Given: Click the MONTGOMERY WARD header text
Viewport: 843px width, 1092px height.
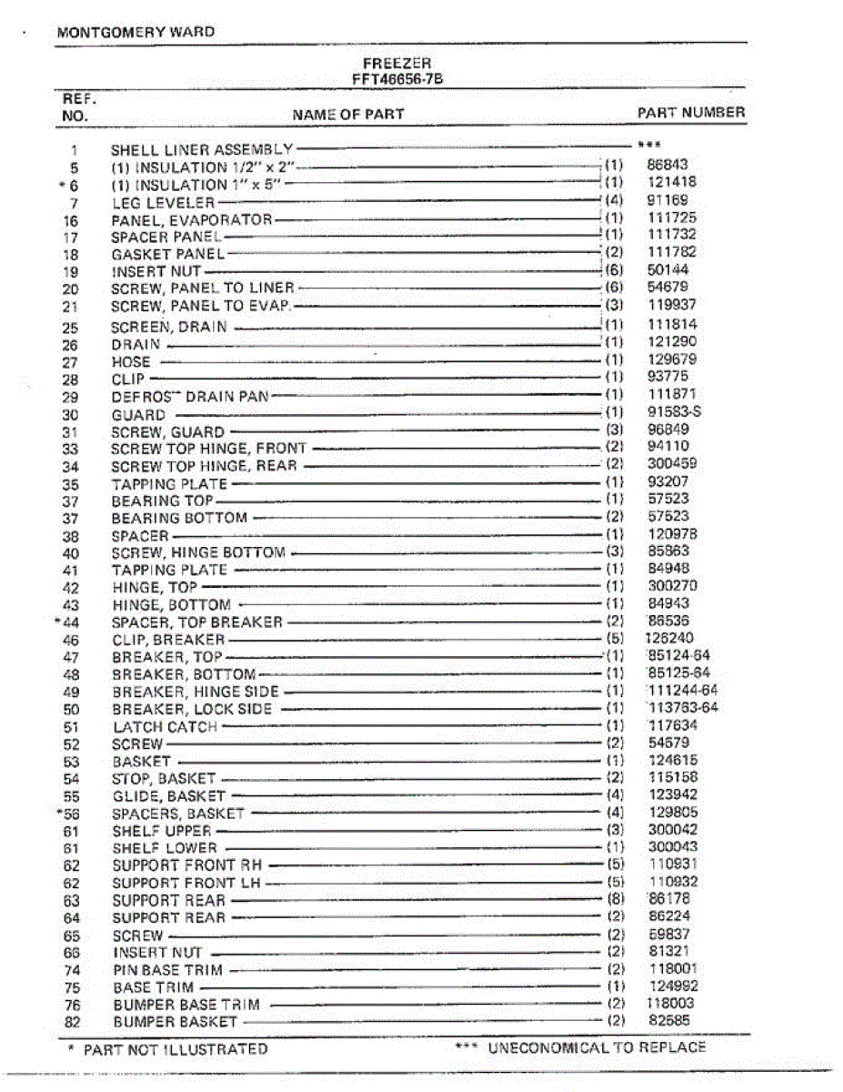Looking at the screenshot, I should [x=135, y=32].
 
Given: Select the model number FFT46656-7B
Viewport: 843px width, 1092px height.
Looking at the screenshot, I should [x=397, y=79].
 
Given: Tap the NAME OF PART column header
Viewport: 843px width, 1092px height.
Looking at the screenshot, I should [x=348, y=115].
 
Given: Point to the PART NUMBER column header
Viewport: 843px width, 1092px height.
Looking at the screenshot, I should [x=691, y=113].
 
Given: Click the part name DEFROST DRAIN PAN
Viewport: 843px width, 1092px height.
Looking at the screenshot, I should [x=190, y=397].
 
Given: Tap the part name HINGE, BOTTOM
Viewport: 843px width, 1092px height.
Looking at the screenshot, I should [x=171, y=605].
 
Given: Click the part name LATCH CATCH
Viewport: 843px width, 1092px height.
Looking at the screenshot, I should [x=165, y=727].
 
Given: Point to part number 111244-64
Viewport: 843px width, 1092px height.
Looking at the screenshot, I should [x=682, y=691].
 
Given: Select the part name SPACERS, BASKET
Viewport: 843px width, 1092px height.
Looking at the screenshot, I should [x=178, y=813].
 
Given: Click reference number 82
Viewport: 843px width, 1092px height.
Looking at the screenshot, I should [x=73, y=1022].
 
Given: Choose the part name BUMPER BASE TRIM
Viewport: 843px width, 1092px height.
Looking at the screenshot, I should [x=186, y=1005].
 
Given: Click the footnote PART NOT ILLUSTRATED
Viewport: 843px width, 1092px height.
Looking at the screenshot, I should [x=176, y=1050].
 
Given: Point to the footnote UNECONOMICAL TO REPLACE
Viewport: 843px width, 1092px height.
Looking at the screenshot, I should [x=597, y=1047].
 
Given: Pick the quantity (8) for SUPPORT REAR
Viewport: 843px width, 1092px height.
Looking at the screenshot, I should [x=615, y=900].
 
